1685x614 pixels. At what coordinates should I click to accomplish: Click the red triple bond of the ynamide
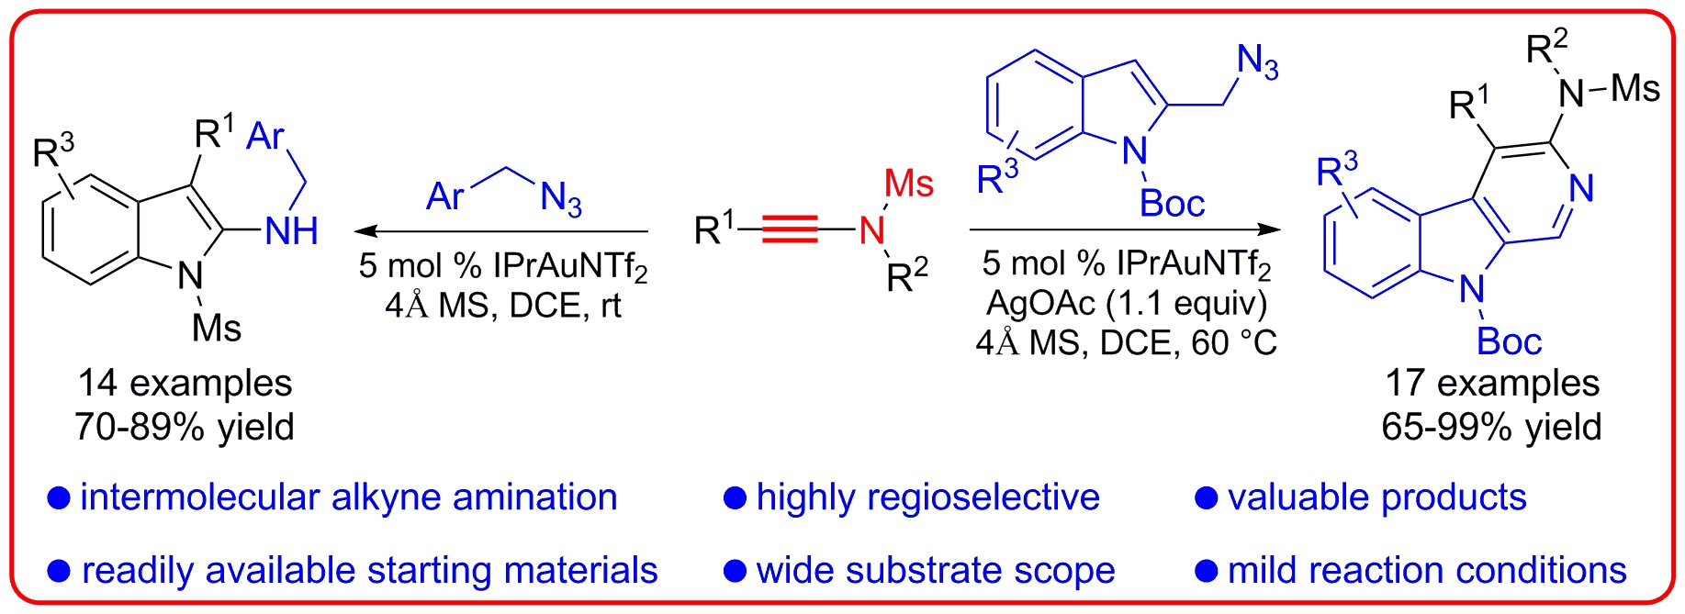[789, 229]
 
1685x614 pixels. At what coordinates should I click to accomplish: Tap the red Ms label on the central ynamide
[908, 184]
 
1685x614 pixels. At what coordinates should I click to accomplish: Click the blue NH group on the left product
[291, 231]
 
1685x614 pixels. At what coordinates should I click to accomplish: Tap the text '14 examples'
[185, 384]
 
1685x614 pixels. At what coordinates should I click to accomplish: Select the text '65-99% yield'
[1491, 428]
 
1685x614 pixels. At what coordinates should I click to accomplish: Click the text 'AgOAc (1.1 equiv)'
[1127, 303]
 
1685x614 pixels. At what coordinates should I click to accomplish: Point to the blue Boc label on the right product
[1509, 341]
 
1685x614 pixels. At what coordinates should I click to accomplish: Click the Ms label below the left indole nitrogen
[217, 328]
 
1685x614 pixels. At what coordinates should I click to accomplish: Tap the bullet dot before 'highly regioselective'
[735, 498]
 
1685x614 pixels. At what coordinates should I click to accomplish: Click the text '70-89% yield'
[185, 428]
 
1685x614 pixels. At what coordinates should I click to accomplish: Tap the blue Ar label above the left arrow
[446, 196]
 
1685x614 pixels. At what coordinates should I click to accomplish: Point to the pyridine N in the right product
[1580, 189]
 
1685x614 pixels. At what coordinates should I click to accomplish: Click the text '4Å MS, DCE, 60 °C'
[1127, 343]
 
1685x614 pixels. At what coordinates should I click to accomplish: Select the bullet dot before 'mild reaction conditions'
[1206, 571]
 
